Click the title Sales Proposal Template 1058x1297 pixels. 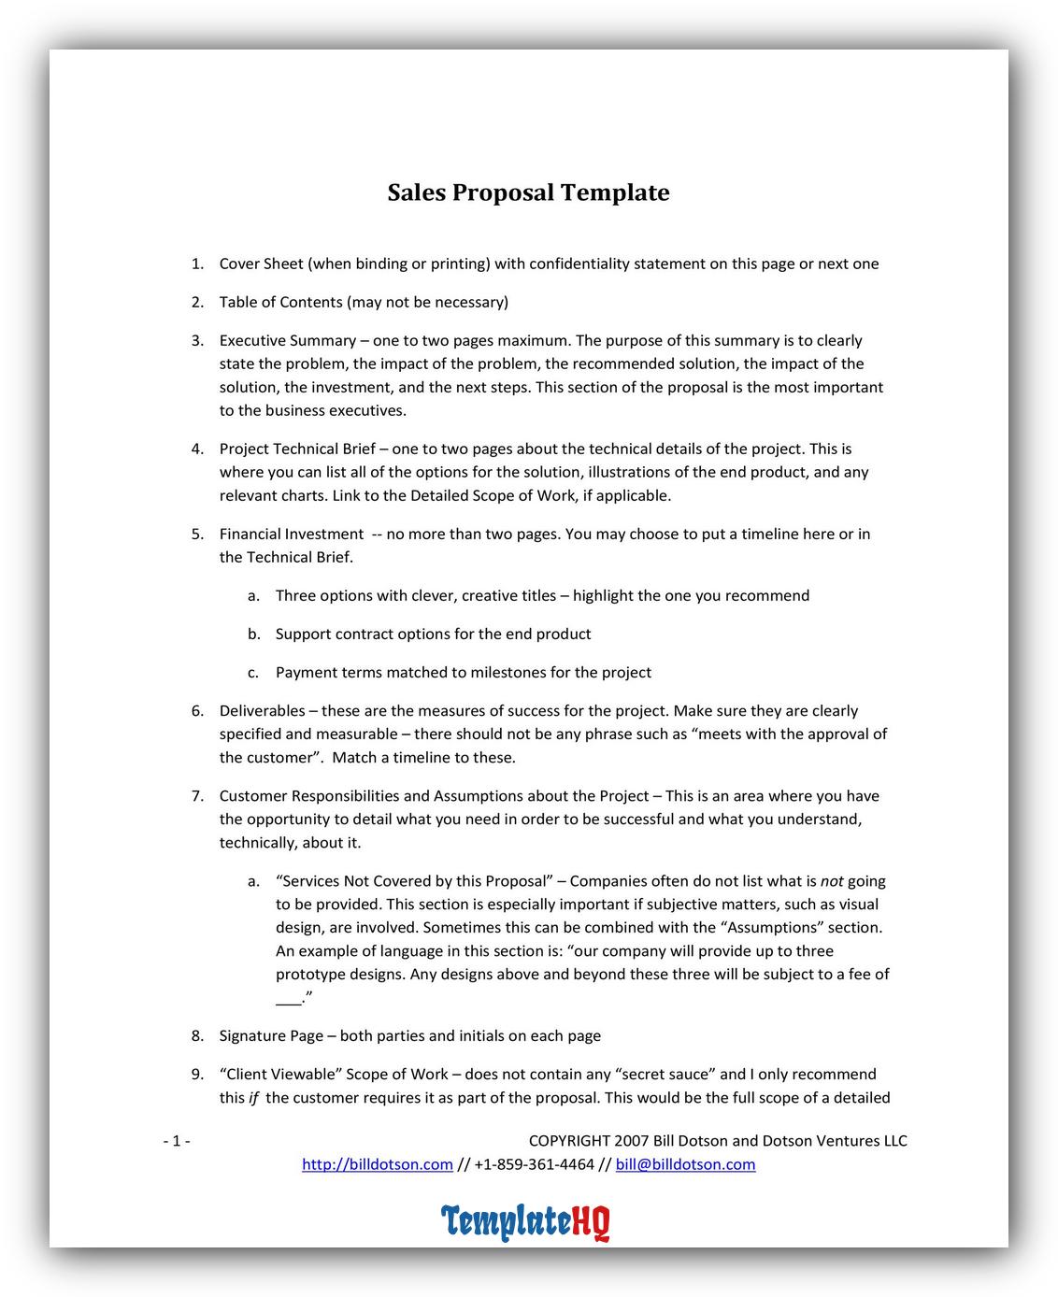tap(528, 192)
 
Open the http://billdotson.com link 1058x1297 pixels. tap(377, 1164)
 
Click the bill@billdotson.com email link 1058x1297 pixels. tap(685, 1164)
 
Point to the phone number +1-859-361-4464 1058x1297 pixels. tap(534, 1164)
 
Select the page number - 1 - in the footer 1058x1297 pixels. tap(177, 1141)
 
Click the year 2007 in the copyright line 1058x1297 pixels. tap(632, 1141)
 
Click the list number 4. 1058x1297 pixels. tap(197, 449)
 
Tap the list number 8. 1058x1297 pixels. tap(197, 1035)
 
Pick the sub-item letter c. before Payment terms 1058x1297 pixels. tap(253, 673)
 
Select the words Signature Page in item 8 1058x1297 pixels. tap(271, 1035)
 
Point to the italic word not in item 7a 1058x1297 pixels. tap(831, 881)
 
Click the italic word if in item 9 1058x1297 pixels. tap(253, 1098)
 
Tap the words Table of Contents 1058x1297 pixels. tap(279, 302)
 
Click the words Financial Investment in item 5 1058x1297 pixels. tap(291, 534)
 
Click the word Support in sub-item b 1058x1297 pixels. tap(303, 634)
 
